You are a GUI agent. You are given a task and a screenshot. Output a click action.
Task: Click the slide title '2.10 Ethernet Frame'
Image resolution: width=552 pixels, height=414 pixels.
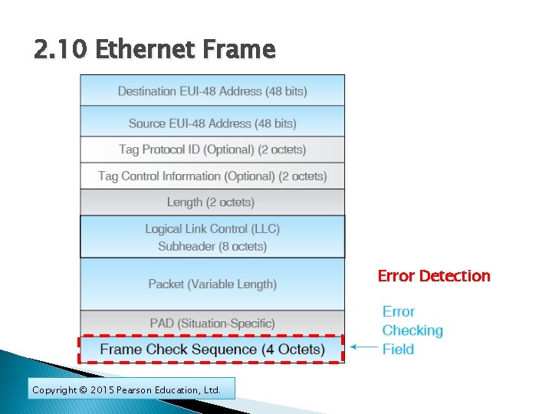point(154,50)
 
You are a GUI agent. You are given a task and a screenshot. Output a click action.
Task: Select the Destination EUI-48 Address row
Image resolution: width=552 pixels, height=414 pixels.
point(212,91)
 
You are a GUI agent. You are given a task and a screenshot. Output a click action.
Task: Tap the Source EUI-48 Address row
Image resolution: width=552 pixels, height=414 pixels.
point(212,123)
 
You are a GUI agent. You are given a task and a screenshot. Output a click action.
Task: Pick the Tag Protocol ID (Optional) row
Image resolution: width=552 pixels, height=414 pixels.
point(212,149)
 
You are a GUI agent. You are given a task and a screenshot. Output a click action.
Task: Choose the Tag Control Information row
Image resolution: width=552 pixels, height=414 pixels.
point(212,176)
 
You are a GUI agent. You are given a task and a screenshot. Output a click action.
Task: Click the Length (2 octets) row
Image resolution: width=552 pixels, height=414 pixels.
point(212,202)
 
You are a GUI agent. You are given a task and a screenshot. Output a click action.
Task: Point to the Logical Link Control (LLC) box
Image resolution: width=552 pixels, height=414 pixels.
point(212,237)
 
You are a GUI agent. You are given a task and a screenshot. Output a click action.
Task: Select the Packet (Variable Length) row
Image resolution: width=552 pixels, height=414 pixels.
point(212,284)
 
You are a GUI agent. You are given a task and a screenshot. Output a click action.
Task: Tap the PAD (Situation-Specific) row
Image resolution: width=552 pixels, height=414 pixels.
point(212,323)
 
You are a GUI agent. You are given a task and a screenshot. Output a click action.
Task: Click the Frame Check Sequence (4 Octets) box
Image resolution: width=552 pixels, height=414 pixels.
point(212,350)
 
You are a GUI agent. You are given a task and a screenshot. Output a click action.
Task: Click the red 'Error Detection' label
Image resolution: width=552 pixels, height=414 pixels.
point(434,276)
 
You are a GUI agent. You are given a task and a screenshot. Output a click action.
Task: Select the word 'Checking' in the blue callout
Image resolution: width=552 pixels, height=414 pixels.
point(412,330)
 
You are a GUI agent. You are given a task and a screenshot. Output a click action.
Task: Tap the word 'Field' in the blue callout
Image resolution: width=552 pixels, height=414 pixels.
point(398,349)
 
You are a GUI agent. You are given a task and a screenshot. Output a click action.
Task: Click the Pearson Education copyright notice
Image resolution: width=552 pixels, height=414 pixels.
point(127,390)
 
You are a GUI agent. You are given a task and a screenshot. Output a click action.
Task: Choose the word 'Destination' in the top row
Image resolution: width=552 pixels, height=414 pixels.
point(147,91)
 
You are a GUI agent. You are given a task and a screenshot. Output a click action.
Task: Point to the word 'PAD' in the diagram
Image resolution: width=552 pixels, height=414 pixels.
point(163,323)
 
